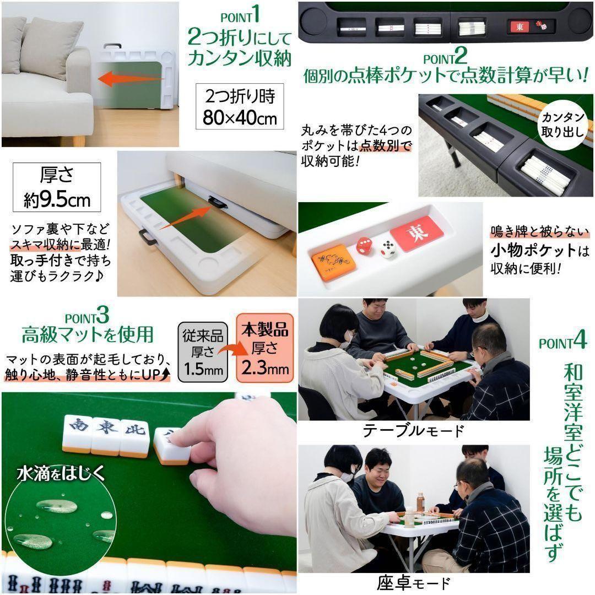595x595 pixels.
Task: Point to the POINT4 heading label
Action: pos(562,341)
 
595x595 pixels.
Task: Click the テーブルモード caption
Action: pos(413,430)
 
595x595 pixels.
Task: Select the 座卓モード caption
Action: pos(413,582)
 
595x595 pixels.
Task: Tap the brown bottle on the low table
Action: pos(420,501)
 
